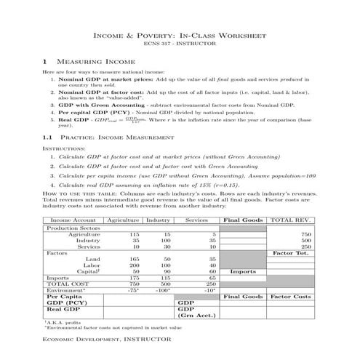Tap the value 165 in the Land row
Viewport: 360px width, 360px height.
point(134,259)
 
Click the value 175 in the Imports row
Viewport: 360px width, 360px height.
point(134,277)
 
